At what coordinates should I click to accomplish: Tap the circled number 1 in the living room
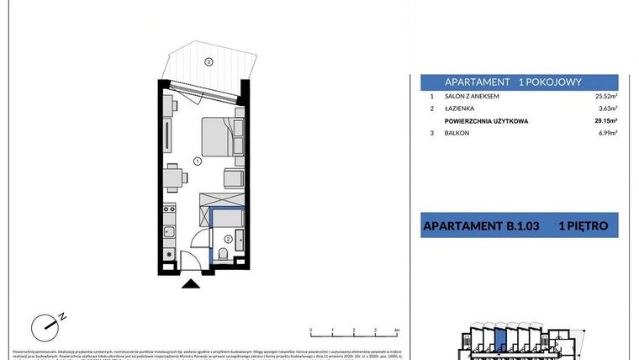point(195,160)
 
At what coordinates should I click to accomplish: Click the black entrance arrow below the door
point(192,286)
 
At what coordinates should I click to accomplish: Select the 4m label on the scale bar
point(395,331)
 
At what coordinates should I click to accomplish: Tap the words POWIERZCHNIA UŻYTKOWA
point(487,121)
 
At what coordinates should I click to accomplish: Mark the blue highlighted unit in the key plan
point(502,341)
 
